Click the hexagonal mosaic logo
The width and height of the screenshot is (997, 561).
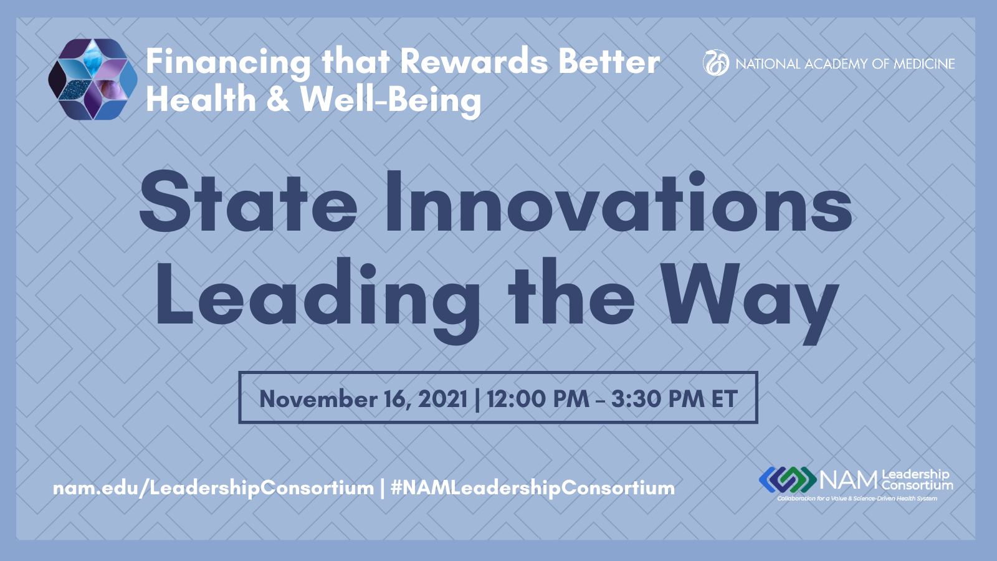click(93, 79)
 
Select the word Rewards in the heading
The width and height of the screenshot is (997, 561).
click(474, 62)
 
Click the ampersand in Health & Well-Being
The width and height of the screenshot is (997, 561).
click(277, 99)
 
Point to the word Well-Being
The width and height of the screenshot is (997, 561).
click(391, 100)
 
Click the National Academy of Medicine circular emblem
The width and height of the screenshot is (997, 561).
click(716, 63)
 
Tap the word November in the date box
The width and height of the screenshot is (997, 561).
click(319, 398)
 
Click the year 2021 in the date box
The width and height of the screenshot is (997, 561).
click(442, 398)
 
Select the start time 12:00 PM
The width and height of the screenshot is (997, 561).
click(538, 398)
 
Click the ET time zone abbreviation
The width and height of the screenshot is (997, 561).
click(725, 398)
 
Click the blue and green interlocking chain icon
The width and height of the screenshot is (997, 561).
click(788, 479)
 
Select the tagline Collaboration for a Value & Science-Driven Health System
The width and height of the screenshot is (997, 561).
click(857, 499)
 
